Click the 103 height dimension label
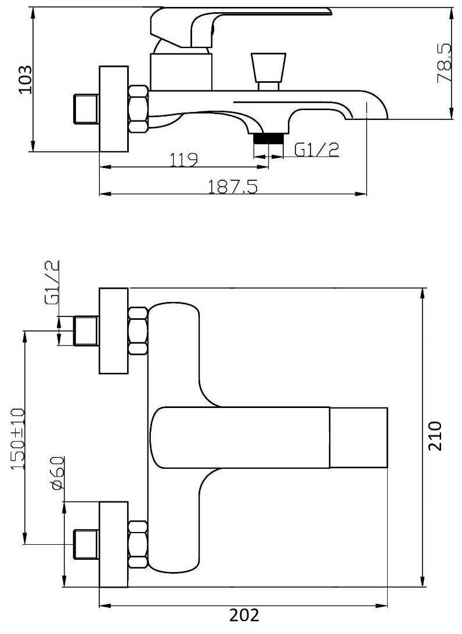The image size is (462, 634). pos(26,79)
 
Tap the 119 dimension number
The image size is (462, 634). pos(183,160)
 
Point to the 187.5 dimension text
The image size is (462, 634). pos(233,187)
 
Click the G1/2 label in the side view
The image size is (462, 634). pos(316,150)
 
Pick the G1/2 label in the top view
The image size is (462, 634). pos(52,282)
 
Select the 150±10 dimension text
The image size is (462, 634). pos(18,438)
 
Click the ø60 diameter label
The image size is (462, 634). pos(58,473)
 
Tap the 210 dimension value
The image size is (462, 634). pos(435,436)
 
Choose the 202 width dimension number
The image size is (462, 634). pos(244,615)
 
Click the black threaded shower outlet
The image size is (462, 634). pos(268,139)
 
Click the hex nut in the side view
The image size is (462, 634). pos(139,109)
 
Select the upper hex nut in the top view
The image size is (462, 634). pos(138,331)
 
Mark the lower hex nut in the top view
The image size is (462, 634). pos(138,545)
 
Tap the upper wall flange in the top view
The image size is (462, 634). pos(114,331)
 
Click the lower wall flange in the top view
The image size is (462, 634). pos(114,544)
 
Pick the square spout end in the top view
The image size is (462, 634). pos(359,438)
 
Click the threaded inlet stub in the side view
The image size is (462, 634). pos(86,109)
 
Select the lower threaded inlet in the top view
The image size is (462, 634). pos(86,544)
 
